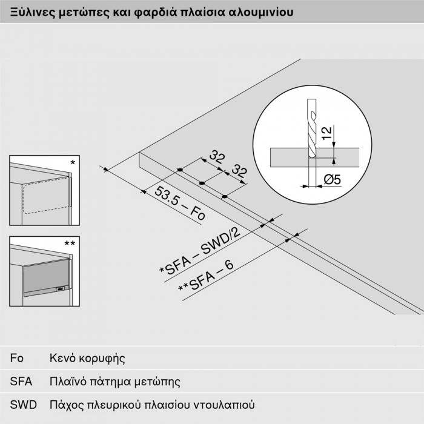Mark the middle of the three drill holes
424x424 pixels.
202,182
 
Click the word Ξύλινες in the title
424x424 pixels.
28,12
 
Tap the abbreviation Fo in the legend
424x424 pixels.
17,357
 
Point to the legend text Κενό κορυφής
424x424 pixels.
87,358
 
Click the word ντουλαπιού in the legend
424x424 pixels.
227,404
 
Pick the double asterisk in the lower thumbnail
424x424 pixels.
70,243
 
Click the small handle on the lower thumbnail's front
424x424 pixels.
59,290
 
